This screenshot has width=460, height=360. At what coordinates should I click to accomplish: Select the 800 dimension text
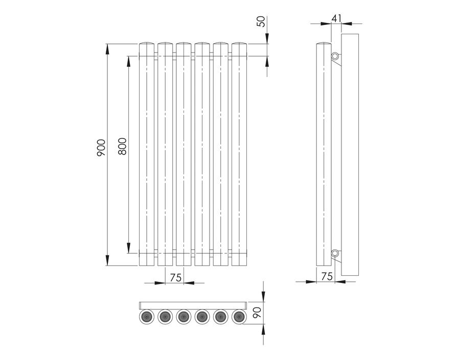pyautogui.click(x=122, y=146)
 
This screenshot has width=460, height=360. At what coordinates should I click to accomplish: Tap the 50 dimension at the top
pyautogui.click(x=261, y=21)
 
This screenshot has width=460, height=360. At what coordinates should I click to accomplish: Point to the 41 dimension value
pyautogui.click(x=336, y=18)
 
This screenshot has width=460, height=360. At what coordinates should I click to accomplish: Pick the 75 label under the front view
pyautogui.click(x=175, y=277)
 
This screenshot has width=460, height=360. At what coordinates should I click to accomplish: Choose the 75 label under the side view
pyautogui.click(x=327, y=276)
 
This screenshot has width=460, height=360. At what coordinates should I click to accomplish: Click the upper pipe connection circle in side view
pyautogui.click(x=335, y=56)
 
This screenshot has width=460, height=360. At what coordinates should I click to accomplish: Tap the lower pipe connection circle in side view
pyautogui.click(x=335, y=253)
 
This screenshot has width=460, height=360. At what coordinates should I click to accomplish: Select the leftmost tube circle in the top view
pyautogui.click(x=146, y=317)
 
